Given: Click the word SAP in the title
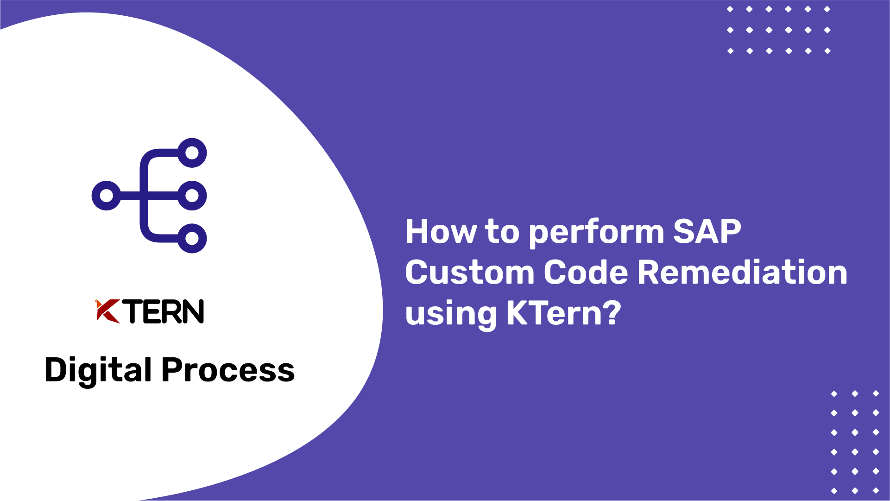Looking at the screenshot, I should [x=707, y=231].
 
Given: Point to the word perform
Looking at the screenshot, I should [x=596, y=233].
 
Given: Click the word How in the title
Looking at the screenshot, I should [x=441, y=231].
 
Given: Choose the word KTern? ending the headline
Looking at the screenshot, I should [x=563, y=313].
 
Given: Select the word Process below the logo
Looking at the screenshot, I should [x=227, y=371].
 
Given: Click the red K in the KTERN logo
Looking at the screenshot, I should [x=107, y=311].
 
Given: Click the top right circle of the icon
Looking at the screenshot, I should [x=192, y=153].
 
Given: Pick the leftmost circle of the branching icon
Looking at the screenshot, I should [x=107, y=196].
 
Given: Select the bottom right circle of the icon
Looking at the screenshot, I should [x=192, y=238].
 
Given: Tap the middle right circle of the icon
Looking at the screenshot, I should [x=192, y=196].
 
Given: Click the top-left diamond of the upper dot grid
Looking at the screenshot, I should [x=730, y=9].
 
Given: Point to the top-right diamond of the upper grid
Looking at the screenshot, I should [x=827, y=9].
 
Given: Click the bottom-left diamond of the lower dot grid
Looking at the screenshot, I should [x=834, y=490].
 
